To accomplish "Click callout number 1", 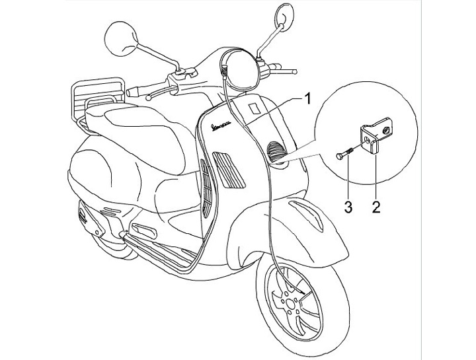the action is tap(307, 98).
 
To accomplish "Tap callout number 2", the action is tap(375, 206).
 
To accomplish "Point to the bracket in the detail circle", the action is tap(374, 140).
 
